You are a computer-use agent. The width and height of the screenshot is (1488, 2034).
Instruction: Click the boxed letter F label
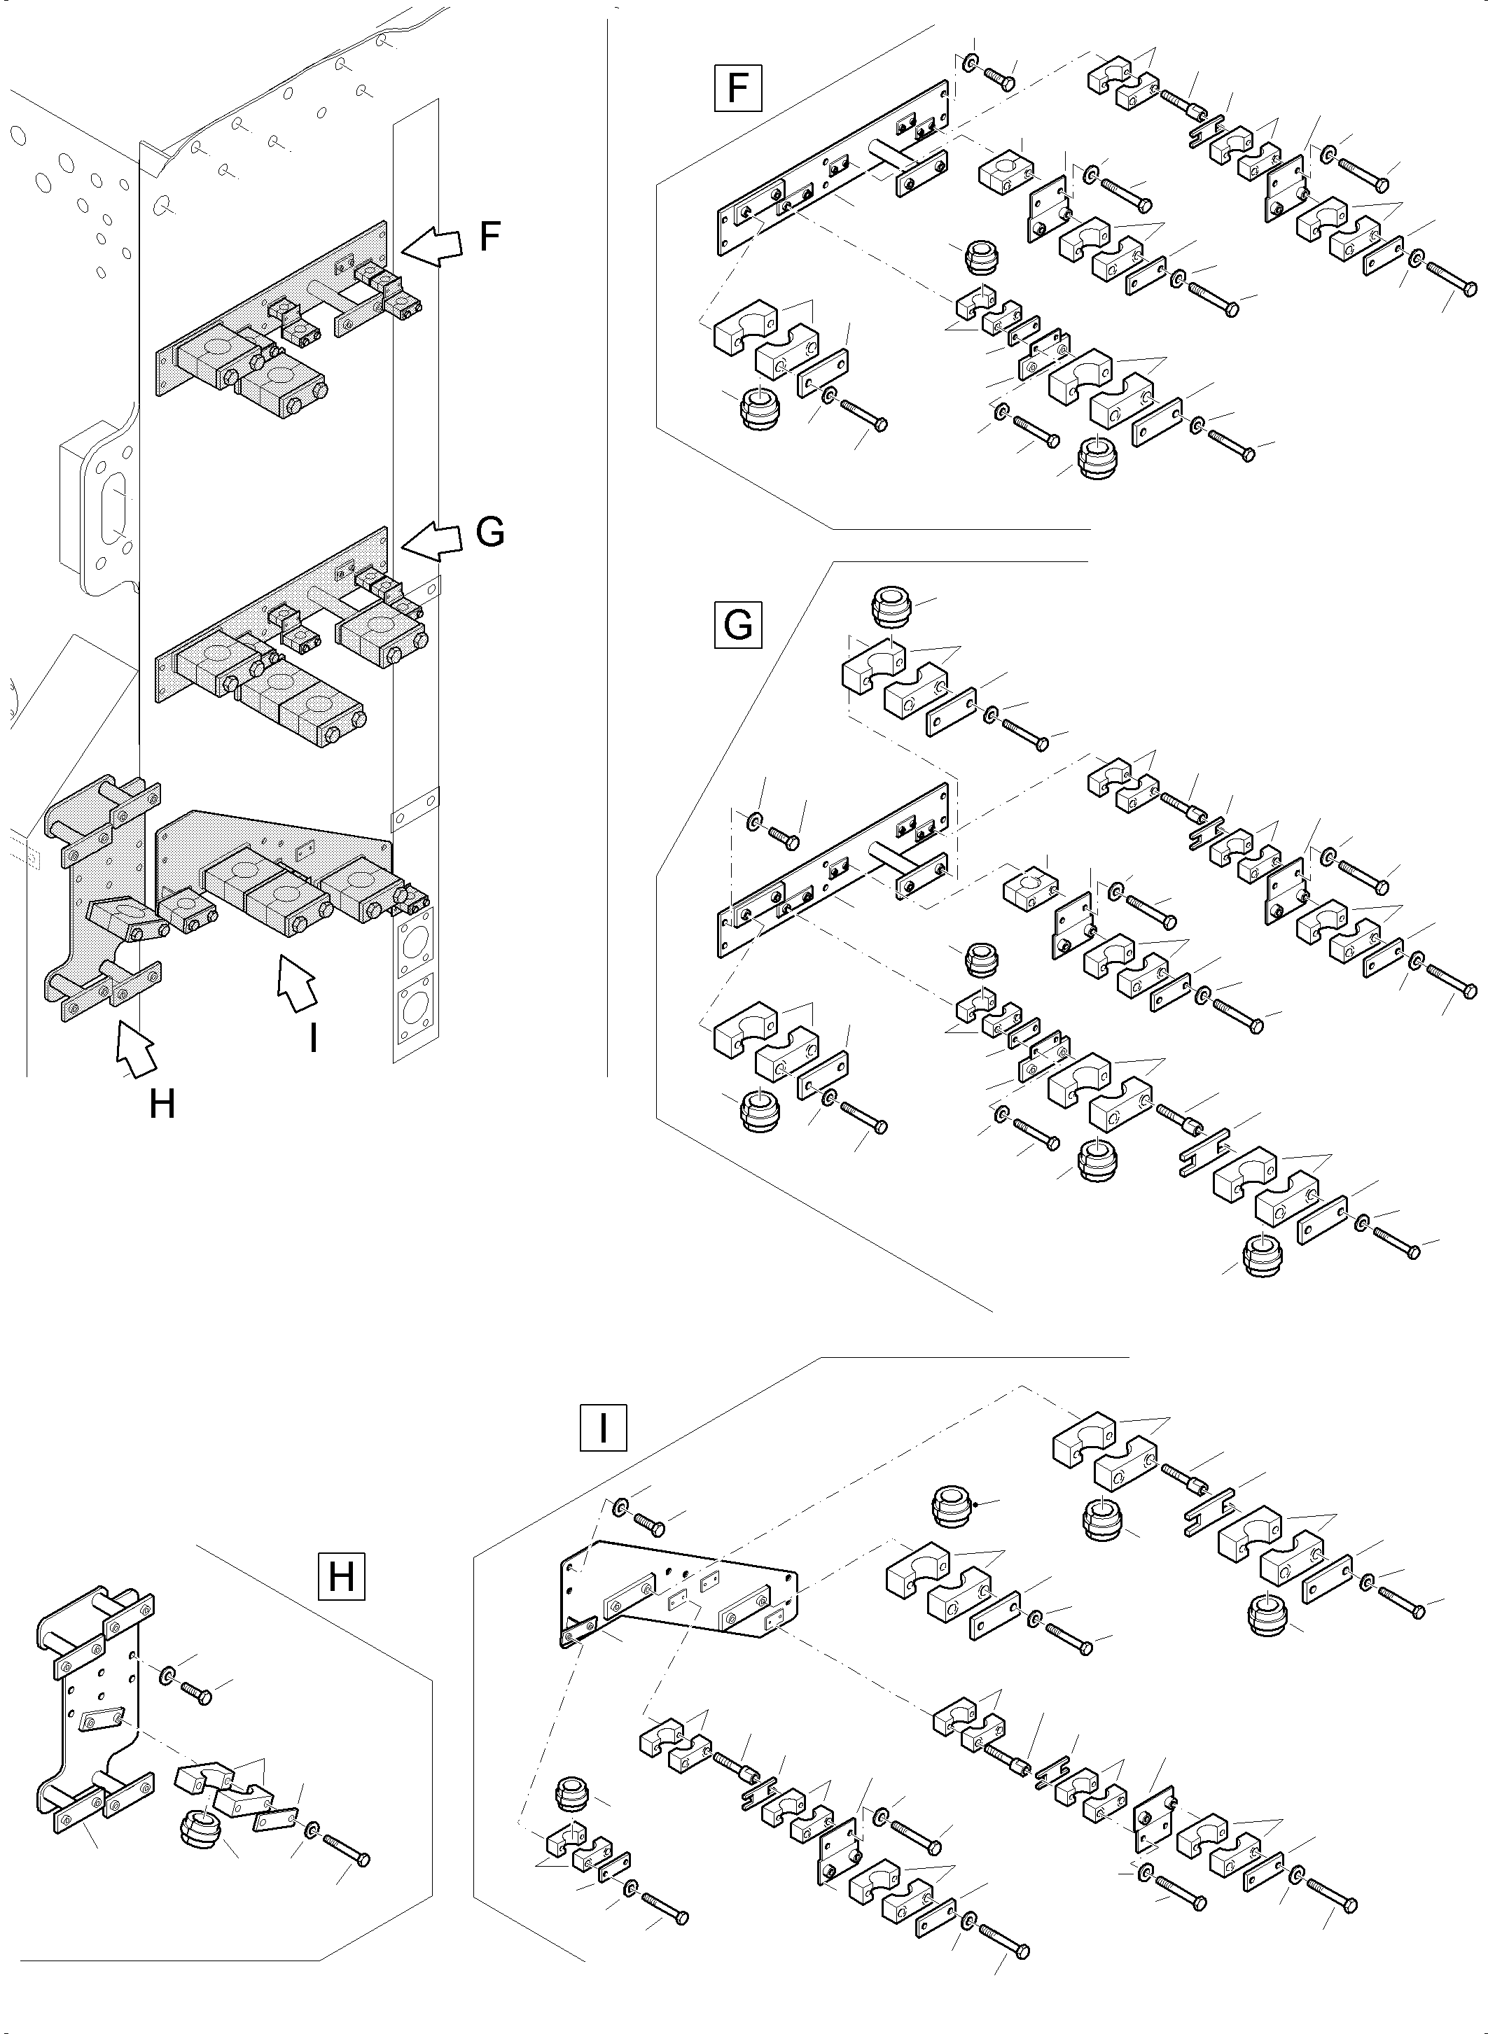coord(737,87)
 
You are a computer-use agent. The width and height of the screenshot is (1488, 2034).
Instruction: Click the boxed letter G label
coord(737,624)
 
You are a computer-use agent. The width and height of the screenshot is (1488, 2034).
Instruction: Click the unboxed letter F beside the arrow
coord(488,236)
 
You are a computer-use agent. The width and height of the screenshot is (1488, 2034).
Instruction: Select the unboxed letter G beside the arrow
coord(490,533)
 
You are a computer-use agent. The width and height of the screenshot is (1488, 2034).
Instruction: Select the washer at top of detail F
coord(968,63)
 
